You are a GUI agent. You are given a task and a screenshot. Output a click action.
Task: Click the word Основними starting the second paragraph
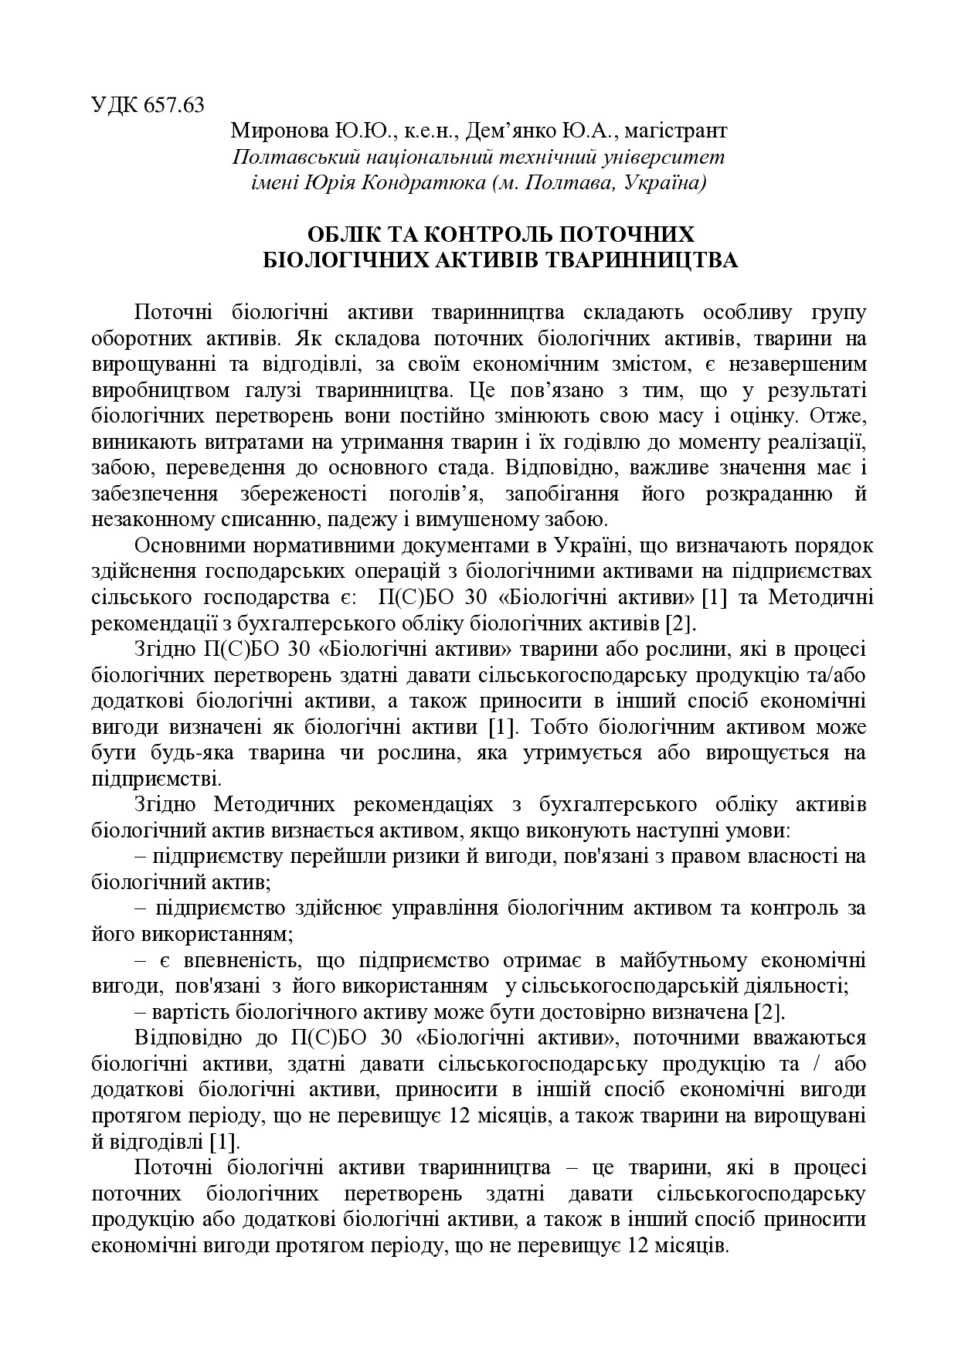click(185, 546)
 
